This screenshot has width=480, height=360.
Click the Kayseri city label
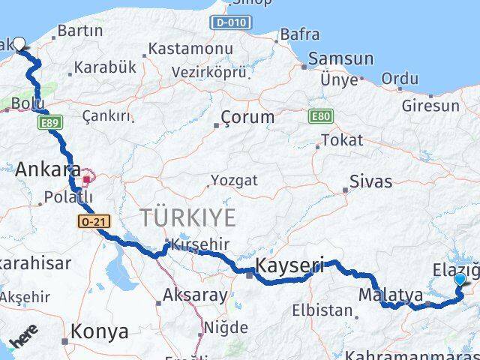point(289,265)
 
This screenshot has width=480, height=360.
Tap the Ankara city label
point(47,167)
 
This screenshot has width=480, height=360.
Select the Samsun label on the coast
point(341,59)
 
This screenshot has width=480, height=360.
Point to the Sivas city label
point(372,181)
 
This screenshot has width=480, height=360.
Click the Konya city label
point(99,331)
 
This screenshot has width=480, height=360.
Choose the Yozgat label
point(233,180)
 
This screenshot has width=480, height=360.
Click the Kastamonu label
point(190,48)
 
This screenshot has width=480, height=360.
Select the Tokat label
point(342,140)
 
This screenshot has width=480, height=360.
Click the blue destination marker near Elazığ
point(460,280)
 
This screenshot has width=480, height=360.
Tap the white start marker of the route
point(19,44)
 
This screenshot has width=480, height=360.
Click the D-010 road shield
point(230,22)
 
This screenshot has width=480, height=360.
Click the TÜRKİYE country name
point(187,217)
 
